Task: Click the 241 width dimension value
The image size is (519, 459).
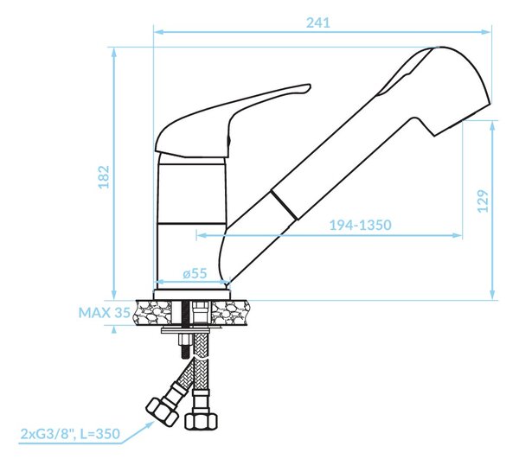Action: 318,22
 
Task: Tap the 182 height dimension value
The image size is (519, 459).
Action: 104,177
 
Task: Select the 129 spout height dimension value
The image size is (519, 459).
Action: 483,201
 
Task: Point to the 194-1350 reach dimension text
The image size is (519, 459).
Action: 360,225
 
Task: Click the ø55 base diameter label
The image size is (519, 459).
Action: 195,273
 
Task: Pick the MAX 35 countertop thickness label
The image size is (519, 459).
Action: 105,313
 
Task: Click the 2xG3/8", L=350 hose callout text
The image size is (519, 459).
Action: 70,434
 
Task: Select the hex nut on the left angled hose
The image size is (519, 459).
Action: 161,412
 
